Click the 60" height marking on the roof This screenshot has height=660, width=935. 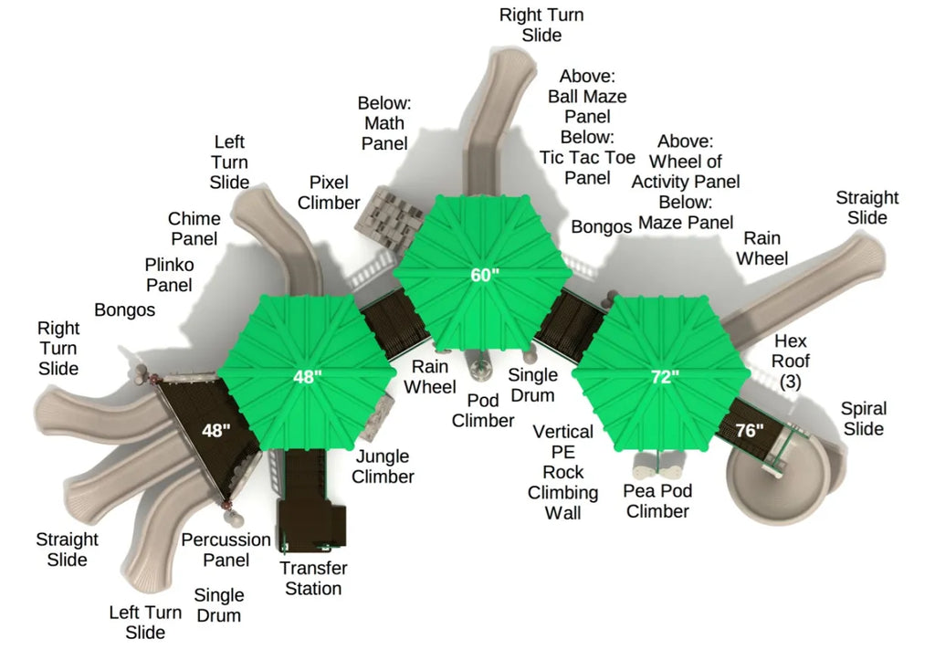484,275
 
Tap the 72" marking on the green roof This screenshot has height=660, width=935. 665,377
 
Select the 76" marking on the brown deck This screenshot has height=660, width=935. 750,430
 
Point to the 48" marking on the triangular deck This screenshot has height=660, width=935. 215,430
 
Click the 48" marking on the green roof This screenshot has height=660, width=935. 307,377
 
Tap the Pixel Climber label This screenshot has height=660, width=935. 329,193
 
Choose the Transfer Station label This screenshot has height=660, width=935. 314,579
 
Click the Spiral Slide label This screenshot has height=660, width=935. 864,418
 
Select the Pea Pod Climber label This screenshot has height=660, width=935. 657,501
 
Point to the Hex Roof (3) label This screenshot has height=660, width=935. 791,361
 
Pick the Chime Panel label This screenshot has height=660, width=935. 194,229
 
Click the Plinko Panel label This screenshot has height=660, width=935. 169,275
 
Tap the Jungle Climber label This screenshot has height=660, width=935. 383,466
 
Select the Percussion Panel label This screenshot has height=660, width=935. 226,550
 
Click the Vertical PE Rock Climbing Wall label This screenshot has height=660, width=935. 562,472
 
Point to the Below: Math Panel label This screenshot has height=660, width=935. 384,123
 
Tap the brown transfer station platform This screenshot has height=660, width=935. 311,501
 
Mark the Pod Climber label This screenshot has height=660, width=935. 483,410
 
